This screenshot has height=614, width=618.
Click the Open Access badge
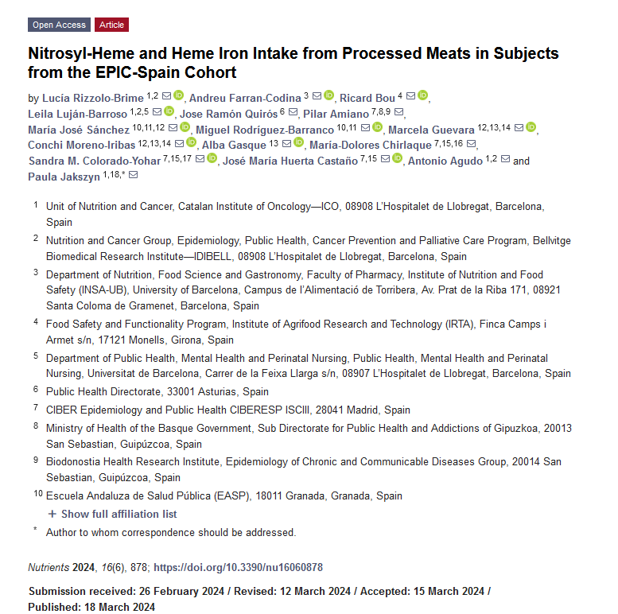[59, 25]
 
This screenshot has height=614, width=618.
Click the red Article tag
[111, 25]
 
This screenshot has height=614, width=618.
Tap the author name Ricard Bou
[367, 98]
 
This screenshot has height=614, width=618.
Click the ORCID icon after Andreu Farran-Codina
[329, 96]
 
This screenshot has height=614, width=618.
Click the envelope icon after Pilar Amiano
[400, 113]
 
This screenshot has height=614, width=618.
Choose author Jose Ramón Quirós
[230, 113]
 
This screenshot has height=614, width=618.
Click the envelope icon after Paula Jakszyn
[133, 176]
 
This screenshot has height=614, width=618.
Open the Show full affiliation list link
[119, 514]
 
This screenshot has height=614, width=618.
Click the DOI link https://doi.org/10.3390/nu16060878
[238, 568]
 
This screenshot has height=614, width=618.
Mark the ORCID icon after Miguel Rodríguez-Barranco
[377, 127]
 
